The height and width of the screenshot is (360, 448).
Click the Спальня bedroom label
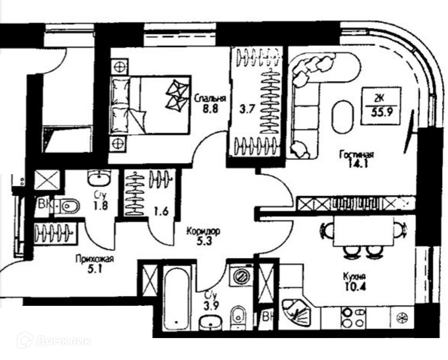point(210,99)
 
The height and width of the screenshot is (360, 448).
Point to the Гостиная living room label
point(357,154)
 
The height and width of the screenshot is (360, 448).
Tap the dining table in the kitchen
point(363,231)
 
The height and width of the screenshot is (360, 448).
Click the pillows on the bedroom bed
point(121,104)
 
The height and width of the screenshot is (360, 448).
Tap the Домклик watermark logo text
point(63,341)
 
